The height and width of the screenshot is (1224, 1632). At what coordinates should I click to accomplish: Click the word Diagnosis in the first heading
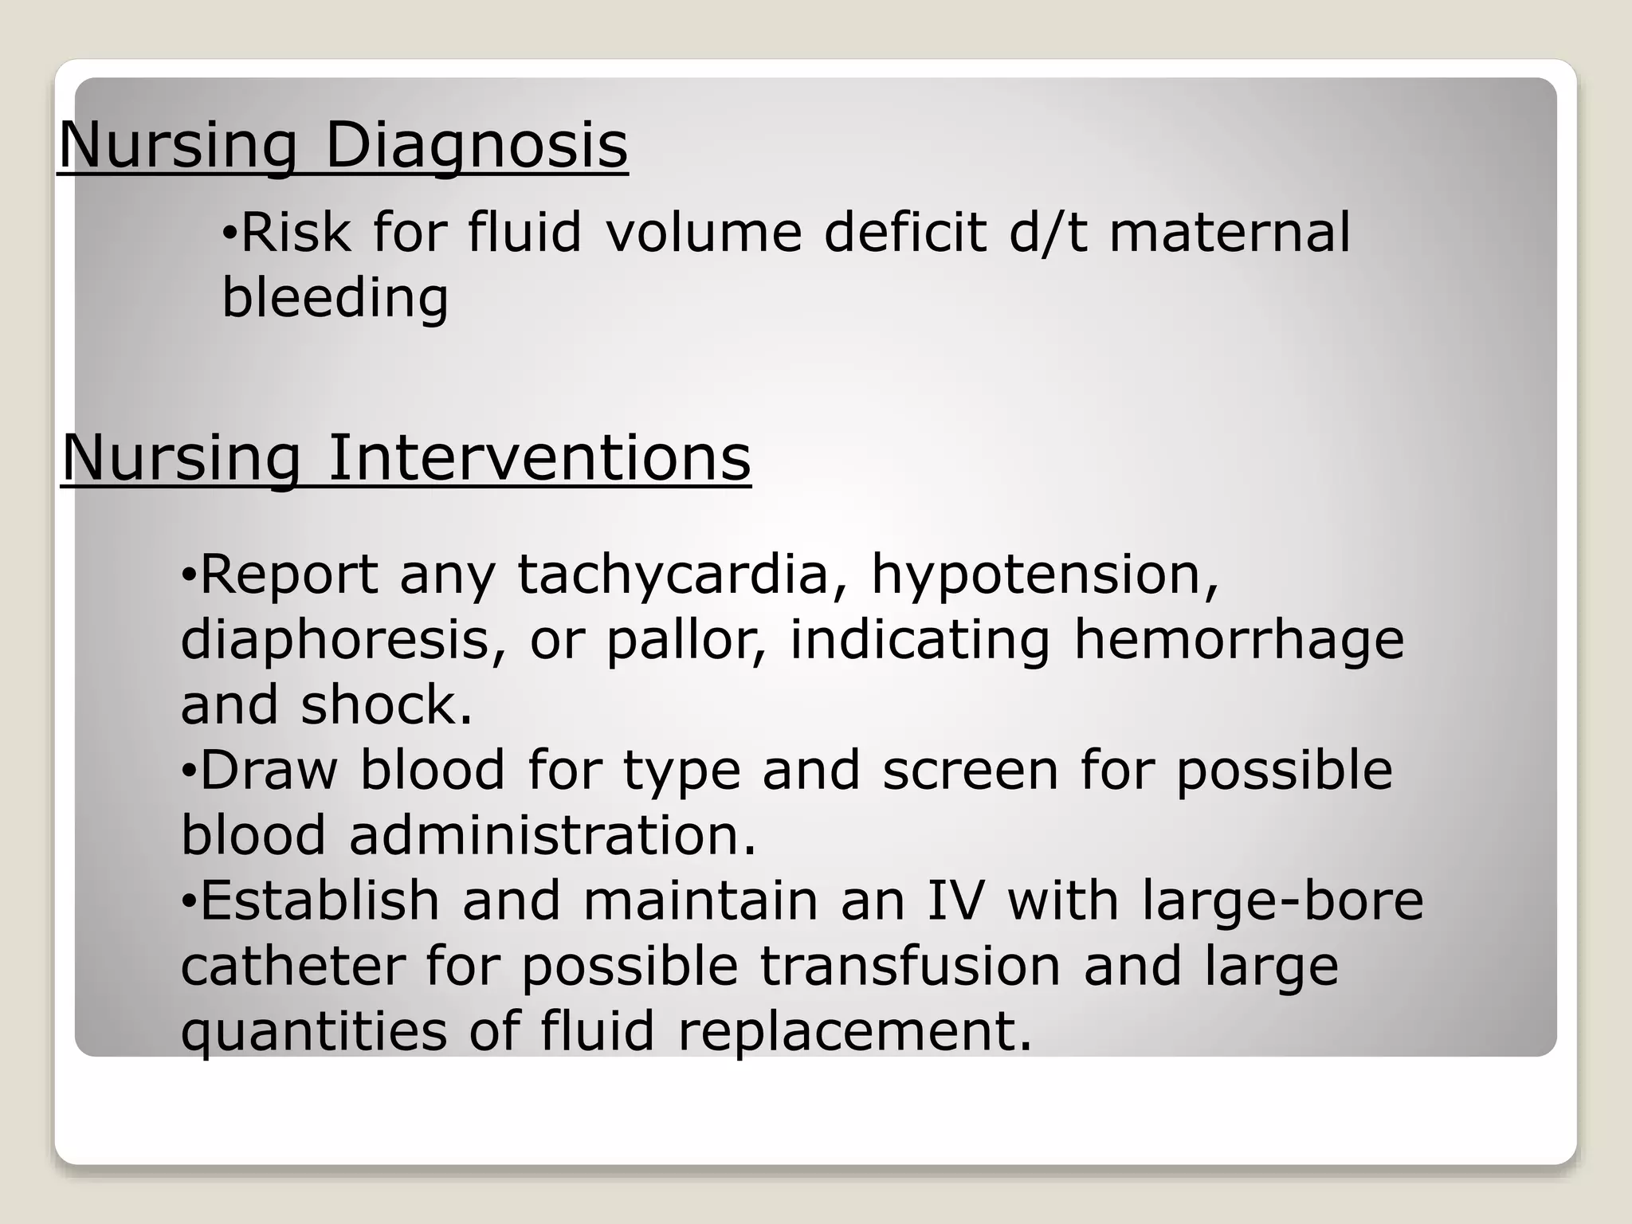pyautogui.click(x=477, y=145)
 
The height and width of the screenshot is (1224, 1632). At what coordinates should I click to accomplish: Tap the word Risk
pyautogui.click(x=295, y=233)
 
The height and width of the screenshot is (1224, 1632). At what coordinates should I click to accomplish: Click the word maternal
pyautogui.click(x=1230, y=233)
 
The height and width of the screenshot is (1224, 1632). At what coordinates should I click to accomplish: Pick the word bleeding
pyautogui.click(x=335, y=298)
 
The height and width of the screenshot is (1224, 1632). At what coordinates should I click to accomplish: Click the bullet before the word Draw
pyautogui.click(x=188, y=771)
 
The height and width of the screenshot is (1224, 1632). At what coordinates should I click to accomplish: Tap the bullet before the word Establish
pyautogui.click(x=188, y=901)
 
